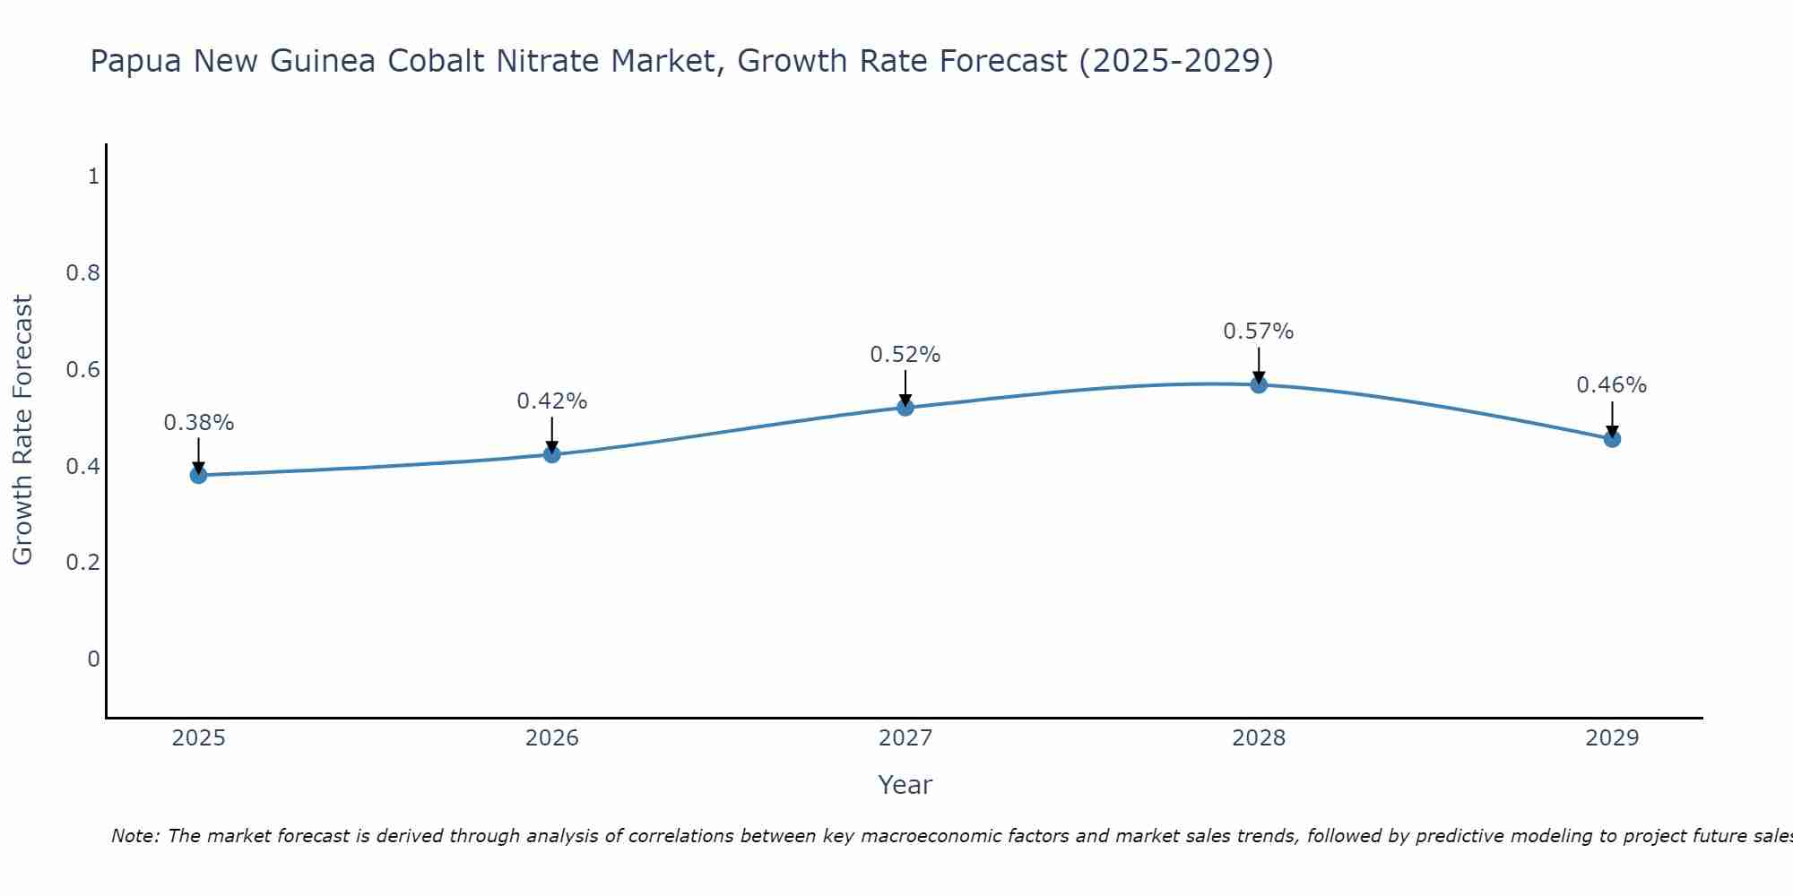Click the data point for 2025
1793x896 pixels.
(198, 475)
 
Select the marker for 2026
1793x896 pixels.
(552, 454)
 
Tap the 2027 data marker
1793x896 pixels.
(905, 408)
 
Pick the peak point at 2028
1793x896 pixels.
(1259, 384)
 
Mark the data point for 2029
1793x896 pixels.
(1612, 439)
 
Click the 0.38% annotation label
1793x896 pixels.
(198, 422)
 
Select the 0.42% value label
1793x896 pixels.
(552, 401)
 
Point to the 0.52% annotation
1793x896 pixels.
(905, 355)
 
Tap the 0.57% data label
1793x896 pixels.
(1259, 332)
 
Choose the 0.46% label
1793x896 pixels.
(1612, 385)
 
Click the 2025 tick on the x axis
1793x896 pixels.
(198, 738)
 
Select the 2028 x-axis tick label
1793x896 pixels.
(1259, 738)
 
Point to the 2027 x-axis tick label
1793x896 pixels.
(905, 738)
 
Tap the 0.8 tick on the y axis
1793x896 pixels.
(82, 273)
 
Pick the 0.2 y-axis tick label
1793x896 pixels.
(82, 563)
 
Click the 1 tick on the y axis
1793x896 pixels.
(93, 177)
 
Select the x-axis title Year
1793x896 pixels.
(905, 785)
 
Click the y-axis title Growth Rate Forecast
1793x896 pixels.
(22, 430)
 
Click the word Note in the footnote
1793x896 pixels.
(134, 836)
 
